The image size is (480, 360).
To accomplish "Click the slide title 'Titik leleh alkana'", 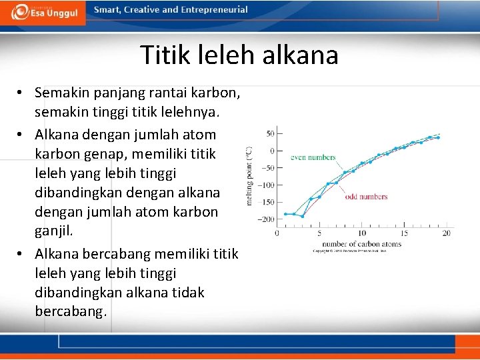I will [239, 55].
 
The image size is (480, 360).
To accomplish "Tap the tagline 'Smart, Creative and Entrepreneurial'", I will [171, 10].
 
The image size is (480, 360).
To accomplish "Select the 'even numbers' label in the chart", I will [313, 158].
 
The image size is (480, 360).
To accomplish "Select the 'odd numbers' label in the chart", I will [366, 197].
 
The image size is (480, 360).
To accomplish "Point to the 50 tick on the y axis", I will [270, 134].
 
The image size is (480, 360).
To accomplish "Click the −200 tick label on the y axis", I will [265, 219].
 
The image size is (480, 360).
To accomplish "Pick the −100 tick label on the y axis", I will [265, 185].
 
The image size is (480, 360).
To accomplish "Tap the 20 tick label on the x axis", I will [446, 233].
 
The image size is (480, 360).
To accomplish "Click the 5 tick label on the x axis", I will [319, 233].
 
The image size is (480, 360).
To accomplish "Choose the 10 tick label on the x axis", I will [361, 233].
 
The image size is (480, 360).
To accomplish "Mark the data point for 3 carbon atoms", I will [302, 216].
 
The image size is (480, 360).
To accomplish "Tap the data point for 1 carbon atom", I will [285, 214].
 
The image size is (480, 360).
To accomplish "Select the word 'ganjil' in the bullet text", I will [53, 231].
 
